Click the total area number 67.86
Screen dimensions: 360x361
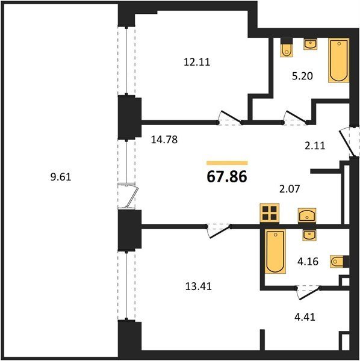coord(227,177)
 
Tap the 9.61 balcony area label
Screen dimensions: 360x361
coord(61,177)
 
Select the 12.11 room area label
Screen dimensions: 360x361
coord(197,62)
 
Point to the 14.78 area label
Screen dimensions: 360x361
coord(164,140)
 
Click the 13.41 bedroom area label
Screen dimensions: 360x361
coord(199,286)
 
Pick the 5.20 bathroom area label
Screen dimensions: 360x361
coord(302,76)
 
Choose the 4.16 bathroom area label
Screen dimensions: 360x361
coord(308,262)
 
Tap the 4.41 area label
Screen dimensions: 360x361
coord(305,317)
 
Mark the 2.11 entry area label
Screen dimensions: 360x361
coord(315,146)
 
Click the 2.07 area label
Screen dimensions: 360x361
coord(290,189)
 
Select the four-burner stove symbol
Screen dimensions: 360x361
coord(270,213)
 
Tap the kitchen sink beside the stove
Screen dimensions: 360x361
coord(307,215)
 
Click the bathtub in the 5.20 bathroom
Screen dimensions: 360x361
coord(338,61)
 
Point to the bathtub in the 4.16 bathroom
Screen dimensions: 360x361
coord(275,251)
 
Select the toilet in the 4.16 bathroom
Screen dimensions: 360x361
coord(340,262)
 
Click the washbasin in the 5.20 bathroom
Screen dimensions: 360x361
coord(311,44)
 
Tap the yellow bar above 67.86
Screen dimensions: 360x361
coord(227,163)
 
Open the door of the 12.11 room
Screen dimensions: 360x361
coord(231,118)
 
